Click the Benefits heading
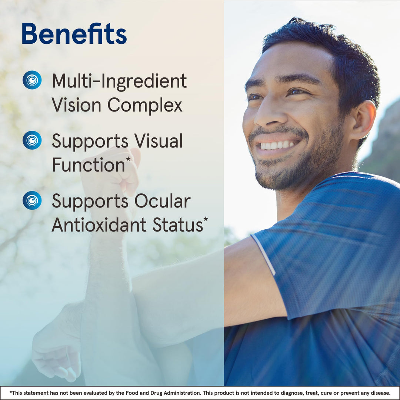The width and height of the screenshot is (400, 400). pyautogui.click(x=74, y=34)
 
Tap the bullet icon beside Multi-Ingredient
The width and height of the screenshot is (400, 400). pyautogui.click(x=32, y=80)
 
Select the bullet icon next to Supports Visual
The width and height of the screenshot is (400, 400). pyautogui.click(x=32, y=140)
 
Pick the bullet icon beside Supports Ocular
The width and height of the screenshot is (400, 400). pyautogui.click(x=32, y=200)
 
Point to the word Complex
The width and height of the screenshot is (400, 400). pyautogui.click(x=145, y=105)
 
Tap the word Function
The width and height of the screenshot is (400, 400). pyautogui.click(x=88, y=165)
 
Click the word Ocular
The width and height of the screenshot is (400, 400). pyautogui.click(x=162, y=201)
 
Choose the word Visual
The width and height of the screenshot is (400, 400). pyautogui.click(x=159, y=141)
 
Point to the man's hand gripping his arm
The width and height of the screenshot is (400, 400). pyautogui.click(x=56, y=352)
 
